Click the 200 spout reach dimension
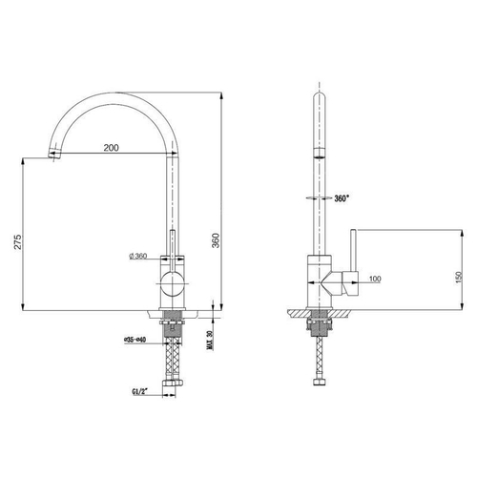point(112,148)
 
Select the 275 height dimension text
point(19,241)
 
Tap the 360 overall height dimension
point(216,240)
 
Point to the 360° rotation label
point(342,198)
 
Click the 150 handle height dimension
point(458,279)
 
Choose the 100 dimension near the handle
point(375,279)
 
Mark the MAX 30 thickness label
point(209,341)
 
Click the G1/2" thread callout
point(140,392)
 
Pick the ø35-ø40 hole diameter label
point(135,340)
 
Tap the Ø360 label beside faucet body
point(138,256)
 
